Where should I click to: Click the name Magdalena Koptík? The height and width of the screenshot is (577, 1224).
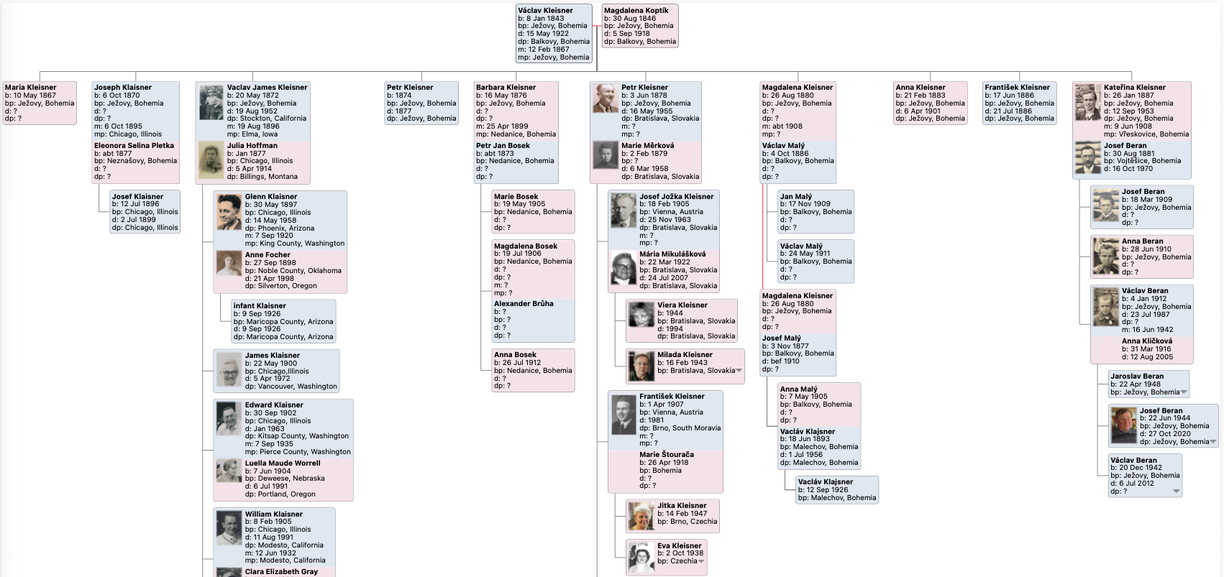click(636, 11)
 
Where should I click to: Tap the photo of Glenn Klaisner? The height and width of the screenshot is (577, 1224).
click(229, 212)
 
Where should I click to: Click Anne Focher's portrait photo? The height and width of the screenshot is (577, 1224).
click(229, 264)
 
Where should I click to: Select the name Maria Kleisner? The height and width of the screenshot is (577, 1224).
click(30, 88)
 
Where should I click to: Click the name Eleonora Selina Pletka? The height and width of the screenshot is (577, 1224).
click(134, 146)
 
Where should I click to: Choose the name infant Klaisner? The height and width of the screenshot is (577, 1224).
click(259, 306)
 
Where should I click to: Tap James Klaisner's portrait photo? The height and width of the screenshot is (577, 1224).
click(229, 369)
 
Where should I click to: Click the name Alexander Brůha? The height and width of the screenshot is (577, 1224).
click(524, 304)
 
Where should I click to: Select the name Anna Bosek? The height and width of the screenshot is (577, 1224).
click(515, 355)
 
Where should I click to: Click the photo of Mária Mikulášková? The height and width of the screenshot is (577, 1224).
click(623, 269)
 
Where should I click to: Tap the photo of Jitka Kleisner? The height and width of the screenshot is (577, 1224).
click(640, 516)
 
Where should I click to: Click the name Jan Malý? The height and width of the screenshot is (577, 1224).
click(795, 196)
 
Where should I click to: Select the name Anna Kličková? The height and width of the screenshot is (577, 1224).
click(1146, 341)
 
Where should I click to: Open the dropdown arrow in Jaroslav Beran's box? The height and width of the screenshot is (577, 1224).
click(1184, 393)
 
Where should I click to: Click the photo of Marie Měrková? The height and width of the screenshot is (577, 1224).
click(605, 155)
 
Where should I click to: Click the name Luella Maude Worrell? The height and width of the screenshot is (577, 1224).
click(282, 463)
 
